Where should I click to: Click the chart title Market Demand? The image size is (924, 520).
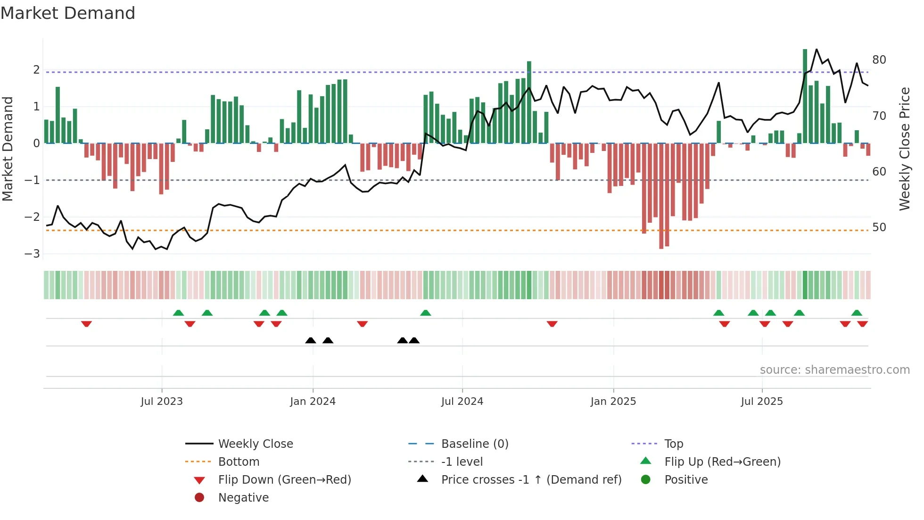[68, 13]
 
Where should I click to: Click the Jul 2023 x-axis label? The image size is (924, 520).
[161, 402]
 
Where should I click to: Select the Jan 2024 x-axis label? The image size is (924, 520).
[313, 402]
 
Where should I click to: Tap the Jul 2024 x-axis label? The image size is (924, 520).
[462, 402]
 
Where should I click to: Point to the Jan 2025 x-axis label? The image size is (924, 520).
[613, 402]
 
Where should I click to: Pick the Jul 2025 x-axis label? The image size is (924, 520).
[761, 402]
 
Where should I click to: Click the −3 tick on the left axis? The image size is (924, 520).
[32, 254]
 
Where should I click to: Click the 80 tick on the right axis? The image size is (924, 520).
[879, 60]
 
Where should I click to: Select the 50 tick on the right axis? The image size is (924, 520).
[879, 227]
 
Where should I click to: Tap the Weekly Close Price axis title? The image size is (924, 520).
[904, 149]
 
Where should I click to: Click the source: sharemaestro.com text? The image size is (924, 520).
[834, 370]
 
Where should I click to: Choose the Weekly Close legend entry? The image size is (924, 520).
[255, 444]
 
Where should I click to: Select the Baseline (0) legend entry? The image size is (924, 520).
[474, 444]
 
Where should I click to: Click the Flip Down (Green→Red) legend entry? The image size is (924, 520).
[284, 480]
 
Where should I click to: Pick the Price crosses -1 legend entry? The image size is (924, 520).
[531, 480]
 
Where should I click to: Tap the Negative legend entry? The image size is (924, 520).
[243, 498]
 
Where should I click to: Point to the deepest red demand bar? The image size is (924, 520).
[661, 196]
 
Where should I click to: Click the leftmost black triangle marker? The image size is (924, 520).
[310, 340]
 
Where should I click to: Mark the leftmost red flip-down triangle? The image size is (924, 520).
[86, 324]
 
